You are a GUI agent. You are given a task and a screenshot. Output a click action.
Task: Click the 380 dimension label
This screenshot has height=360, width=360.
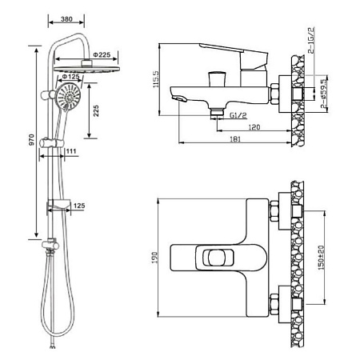(66, 19)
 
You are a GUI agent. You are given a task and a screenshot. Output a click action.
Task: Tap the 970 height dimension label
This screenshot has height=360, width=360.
(31, 140)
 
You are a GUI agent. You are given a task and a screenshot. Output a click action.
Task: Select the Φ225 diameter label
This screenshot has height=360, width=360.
(102, 55)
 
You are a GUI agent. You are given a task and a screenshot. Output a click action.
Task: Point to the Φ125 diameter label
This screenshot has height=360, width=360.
(70, 77)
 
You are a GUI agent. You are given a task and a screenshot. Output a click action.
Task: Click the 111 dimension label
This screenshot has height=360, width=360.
(71, 151)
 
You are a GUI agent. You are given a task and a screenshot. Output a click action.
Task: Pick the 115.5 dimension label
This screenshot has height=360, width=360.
(156, 79)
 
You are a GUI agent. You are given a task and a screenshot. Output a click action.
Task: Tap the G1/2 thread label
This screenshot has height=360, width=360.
(238, 115)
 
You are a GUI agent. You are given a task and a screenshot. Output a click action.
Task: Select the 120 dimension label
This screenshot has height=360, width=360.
(254, 127)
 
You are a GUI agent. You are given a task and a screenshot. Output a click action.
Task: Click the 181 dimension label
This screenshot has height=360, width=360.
(235, 139)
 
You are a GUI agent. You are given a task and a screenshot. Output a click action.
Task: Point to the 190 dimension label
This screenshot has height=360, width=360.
(154, 258)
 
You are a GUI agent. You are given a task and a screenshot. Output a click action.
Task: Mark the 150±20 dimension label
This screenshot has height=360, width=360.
(322, 258)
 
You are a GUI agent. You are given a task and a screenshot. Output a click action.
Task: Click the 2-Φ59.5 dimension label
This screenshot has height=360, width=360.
(324, 94)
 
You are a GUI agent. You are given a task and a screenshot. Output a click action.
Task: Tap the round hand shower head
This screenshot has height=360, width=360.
(68, 97)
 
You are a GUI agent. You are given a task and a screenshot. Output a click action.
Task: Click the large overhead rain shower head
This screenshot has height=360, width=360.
(86, 69)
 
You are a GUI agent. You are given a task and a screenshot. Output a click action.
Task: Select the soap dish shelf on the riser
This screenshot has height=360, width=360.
(59, 205)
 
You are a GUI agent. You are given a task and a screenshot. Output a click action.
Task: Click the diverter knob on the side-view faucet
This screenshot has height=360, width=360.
(218, 78)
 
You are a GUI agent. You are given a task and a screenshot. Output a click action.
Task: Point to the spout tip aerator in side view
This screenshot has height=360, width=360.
(180, 99)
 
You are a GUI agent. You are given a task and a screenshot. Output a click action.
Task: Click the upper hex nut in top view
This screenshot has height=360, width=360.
(274, 211)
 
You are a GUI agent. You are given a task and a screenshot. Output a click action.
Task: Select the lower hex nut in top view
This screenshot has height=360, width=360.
(274, 305)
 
